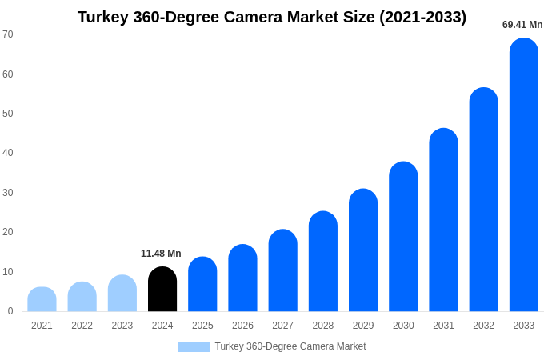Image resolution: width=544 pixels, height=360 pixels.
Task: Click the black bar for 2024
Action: click(x=162, y=290)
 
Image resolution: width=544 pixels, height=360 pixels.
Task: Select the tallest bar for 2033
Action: click(x=524, y=176)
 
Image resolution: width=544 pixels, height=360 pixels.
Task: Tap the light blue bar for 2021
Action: click(x=42, y=300)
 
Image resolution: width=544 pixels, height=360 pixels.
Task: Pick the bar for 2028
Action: click(x=323, y=262)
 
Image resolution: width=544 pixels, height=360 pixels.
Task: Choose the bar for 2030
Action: click(x=403, y=237)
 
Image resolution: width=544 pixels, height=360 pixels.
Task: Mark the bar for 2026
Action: click(x=242, y=278)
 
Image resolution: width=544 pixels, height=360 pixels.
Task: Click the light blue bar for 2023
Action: click(x=122, y=294)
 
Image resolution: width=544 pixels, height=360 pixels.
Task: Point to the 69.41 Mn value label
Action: click(x=522, y=25)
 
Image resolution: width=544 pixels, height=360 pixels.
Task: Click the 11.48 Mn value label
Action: click(x=161, y=254)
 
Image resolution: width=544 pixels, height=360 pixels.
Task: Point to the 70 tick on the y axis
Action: click(x=8, y=34)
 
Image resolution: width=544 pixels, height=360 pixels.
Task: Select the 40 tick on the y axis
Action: click(x=8, y=153)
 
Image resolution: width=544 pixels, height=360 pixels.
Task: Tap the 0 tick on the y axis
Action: click(x=10, y=311)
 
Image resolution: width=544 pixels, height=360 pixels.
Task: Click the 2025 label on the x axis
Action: click(x=202, y=326)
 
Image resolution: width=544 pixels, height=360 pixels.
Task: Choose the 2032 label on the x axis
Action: click(x=483, y=326)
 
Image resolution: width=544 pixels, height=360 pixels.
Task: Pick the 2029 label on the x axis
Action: click(x=363, y=326)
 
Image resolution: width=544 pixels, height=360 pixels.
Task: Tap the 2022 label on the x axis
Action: click(x=82, y=326)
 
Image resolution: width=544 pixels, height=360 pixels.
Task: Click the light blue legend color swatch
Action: click(x=194, y=347)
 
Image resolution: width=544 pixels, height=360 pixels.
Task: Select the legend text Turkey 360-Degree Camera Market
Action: click(x=290, y=346)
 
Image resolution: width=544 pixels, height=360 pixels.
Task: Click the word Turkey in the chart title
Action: click(x=102, y=17)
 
